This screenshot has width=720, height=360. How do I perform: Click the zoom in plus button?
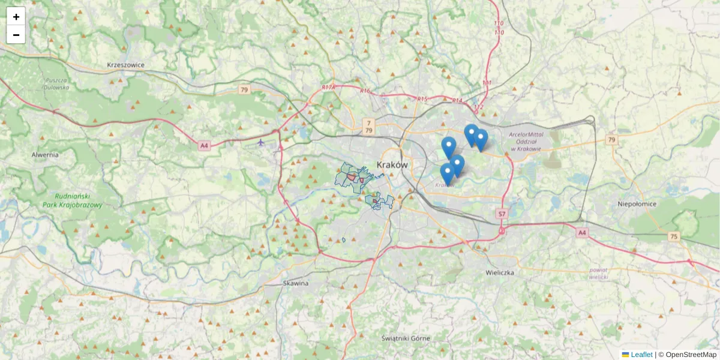point(16,17)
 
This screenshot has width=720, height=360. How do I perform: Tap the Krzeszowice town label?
point(125,65)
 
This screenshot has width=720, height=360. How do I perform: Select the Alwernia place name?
point(45,154)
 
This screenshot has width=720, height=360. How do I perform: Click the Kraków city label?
point(392,164)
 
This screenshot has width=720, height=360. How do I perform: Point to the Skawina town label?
point(295,283)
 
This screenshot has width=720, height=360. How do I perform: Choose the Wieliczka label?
point(500,272)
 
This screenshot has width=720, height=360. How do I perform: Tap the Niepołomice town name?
point(637,204)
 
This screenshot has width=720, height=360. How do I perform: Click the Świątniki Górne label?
point(406,338)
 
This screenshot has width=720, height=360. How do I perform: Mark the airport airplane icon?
point(261,142)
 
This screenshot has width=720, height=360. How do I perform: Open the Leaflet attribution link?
point(641,355)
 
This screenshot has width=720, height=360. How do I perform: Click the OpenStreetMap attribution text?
point(691,355)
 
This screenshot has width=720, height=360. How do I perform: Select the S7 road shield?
point(502,214)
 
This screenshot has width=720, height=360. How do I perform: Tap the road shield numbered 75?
point(674,237)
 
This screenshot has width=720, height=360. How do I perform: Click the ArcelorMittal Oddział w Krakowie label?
point(525,142)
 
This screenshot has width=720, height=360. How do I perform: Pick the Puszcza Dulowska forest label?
point(58,83)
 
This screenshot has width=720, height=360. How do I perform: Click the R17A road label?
point(328,88)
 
